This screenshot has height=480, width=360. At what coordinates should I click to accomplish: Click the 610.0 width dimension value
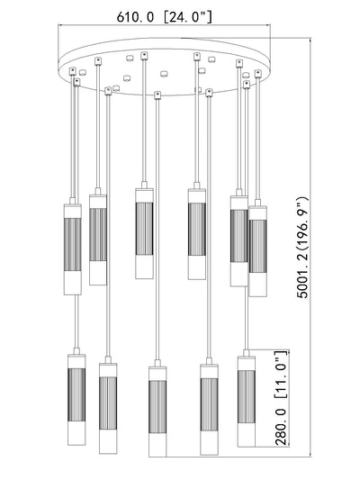click(135, 17)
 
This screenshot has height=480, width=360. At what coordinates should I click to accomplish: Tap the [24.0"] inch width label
click(188, 17)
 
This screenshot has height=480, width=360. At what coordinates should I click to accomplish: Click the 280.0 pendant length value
click(282, 426)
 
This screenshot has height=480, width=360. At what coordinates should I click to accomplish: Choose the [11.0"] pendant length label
click(282, 375)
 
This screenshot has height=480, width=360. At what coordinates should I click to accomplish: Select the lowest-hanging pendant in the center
click(157, 408)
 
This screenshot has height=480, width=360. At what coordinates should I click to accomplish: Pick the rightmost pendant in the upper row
click(257, 249)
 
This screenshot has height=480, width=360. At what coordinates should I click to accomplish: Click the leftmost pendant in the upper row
click(73, 247)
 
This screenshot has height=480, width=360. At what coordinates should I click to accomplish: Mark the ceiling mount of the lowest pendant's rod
click(157, 95)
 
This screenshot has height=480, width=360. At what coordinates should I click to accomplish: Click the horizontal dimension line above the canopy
click(165, 25)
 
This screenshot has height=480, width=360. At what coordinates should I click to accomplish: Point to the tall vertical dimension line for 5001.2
click(310, 248)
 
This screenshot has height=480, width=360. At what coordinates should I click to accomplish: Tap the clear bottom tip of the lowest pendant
click(157, 445)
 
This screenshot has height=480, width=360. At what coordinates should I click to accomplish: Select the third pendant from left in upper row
click(144, 231)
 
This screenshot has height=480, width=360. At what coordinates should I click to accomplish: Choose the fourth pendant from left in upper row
click(197, 231)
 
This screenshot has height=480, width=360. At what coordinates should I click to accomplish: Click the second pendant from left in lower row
click(108, 405)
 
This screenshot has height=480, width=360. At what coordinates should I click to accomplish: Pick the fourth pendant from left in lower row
click(209, 406)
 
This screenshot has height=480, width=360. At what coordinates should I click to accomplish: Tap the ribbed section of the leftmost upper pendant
click(73, 245)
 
